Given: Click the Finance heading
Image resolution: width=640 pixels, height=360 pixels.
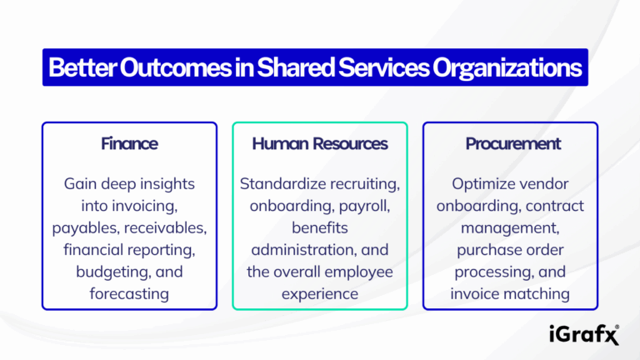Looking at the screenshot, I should pyautogui.click(x=129, y=143).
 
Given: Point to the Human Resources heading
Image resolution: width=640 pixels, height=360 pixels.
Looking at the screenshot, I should pyautogui.click(x=320, y=143).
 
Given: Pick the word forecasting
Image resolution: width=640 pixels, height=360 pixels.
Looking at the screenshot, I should pyautogui.click(x=129, y=292).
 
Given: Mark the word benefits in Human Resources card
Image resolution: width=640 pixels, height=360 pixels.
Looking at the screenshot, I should pyautogui.click(x=320, y=227).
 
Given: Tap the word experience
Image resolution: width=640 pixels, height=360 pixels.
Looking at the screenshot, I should pyautogui.click(x=320, y=292).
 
